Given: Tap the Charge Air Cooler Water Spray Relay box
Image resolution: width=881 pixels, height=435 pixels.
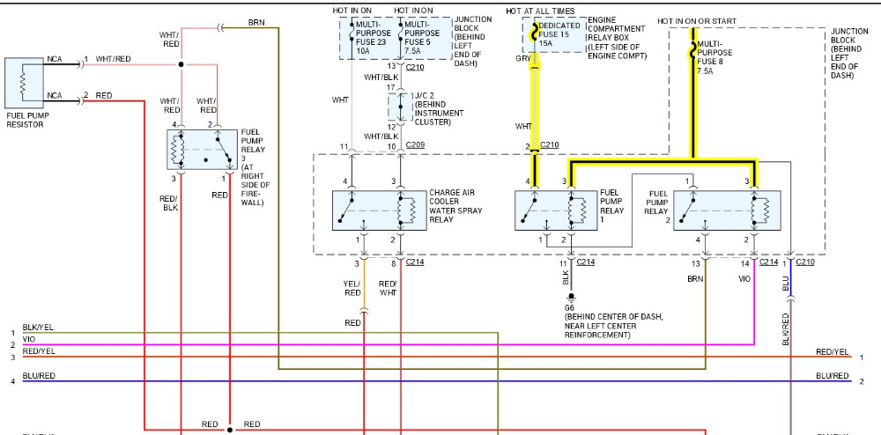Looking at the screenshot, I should (376, 210).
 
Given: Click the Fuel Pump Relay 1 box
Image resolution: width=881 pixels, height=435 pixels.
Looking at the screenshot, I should (555, 210).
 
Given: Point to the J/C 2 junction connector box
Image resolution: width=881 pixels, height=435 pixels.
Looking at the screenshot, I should (400, 108).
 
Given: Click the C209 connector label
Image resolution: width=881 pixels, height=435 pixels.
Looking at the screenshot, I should (416, 144).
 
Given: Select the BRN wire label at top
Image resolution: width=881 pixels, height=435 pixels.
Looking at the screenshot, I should (255, 20).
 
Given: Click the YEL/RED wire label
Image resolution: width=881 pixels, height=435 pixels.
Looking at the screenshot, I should (352, 287).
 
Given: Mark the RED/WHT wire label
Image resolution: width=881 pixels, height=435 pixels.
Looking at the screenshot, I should (388, 287).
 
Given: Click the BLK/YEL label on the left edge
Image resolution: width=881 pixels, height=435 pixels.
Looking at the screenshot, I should (38, 327).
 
